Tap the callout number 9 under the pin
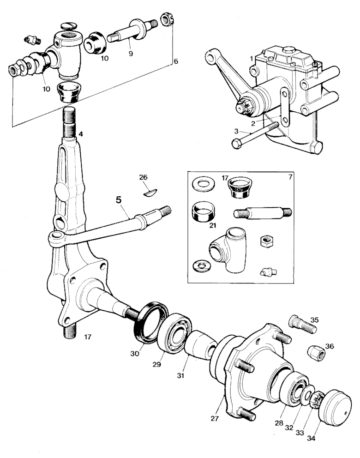pyautogui.click(x=131, y=53)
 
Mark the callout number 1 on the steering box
pyautogui.click(x=251, y=59)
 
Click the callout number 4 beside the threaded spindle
pyautogui.click(x=80, y=134)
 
